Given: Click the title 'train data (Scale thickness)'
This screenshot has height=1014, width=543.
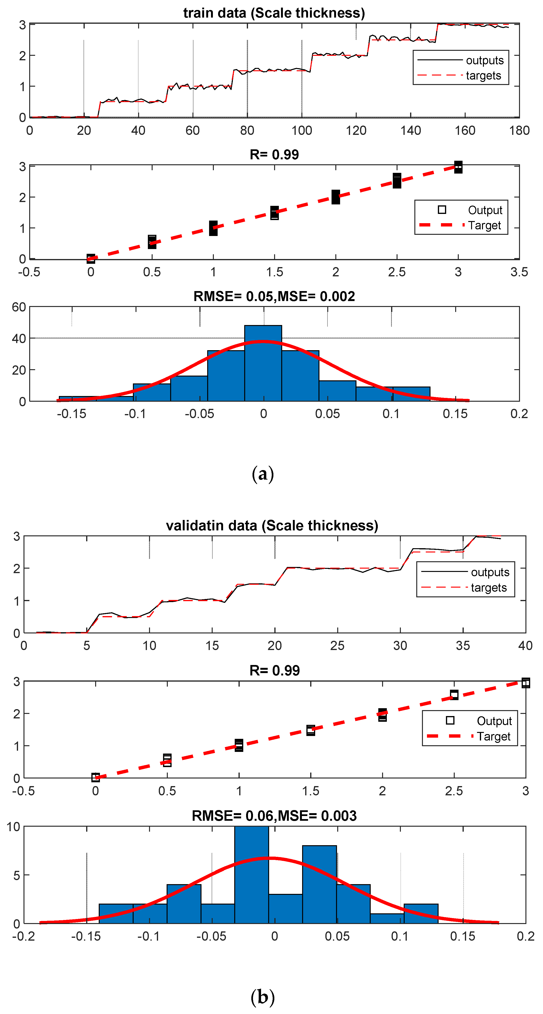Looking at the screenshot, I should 274,13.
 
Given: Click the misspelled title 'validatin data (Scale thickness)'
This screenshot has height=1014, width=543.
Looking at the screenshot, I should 272,525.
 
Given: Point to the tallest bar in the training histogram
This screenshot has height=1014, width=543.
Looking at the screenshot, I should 263,362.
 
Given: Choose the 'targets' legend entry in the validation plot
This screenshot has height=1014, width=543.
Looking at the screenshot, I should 489,588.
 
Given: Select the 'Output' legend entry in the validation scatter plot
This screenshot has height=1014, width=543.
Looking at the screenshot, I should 494,721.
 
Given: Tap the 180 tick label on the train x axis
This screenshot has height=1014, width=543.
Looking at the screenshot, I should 519,130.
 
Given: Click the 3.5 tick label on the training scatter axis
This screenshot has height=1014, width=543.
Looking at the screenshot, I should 519,272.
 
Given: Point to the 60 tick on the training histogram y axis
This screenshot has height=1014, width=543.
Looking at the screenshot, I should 19,307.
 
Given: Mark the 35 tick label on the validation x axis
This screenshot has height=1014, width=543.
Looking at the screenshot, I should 463,646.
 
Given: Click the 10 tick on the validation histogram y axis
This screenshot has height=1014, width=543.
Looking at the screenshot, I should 13,827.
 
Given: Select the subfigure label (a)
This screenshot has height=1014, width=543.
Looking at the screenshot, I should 262,474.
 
